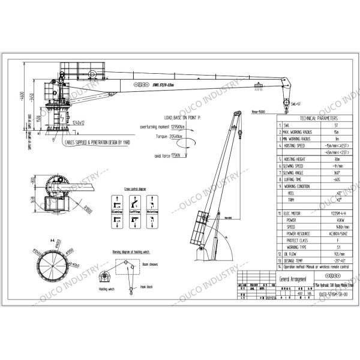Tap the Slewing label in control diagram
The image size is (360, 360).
(x=117, y=212)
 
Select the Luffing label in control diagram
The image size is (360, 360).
(x=135, y=212)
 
